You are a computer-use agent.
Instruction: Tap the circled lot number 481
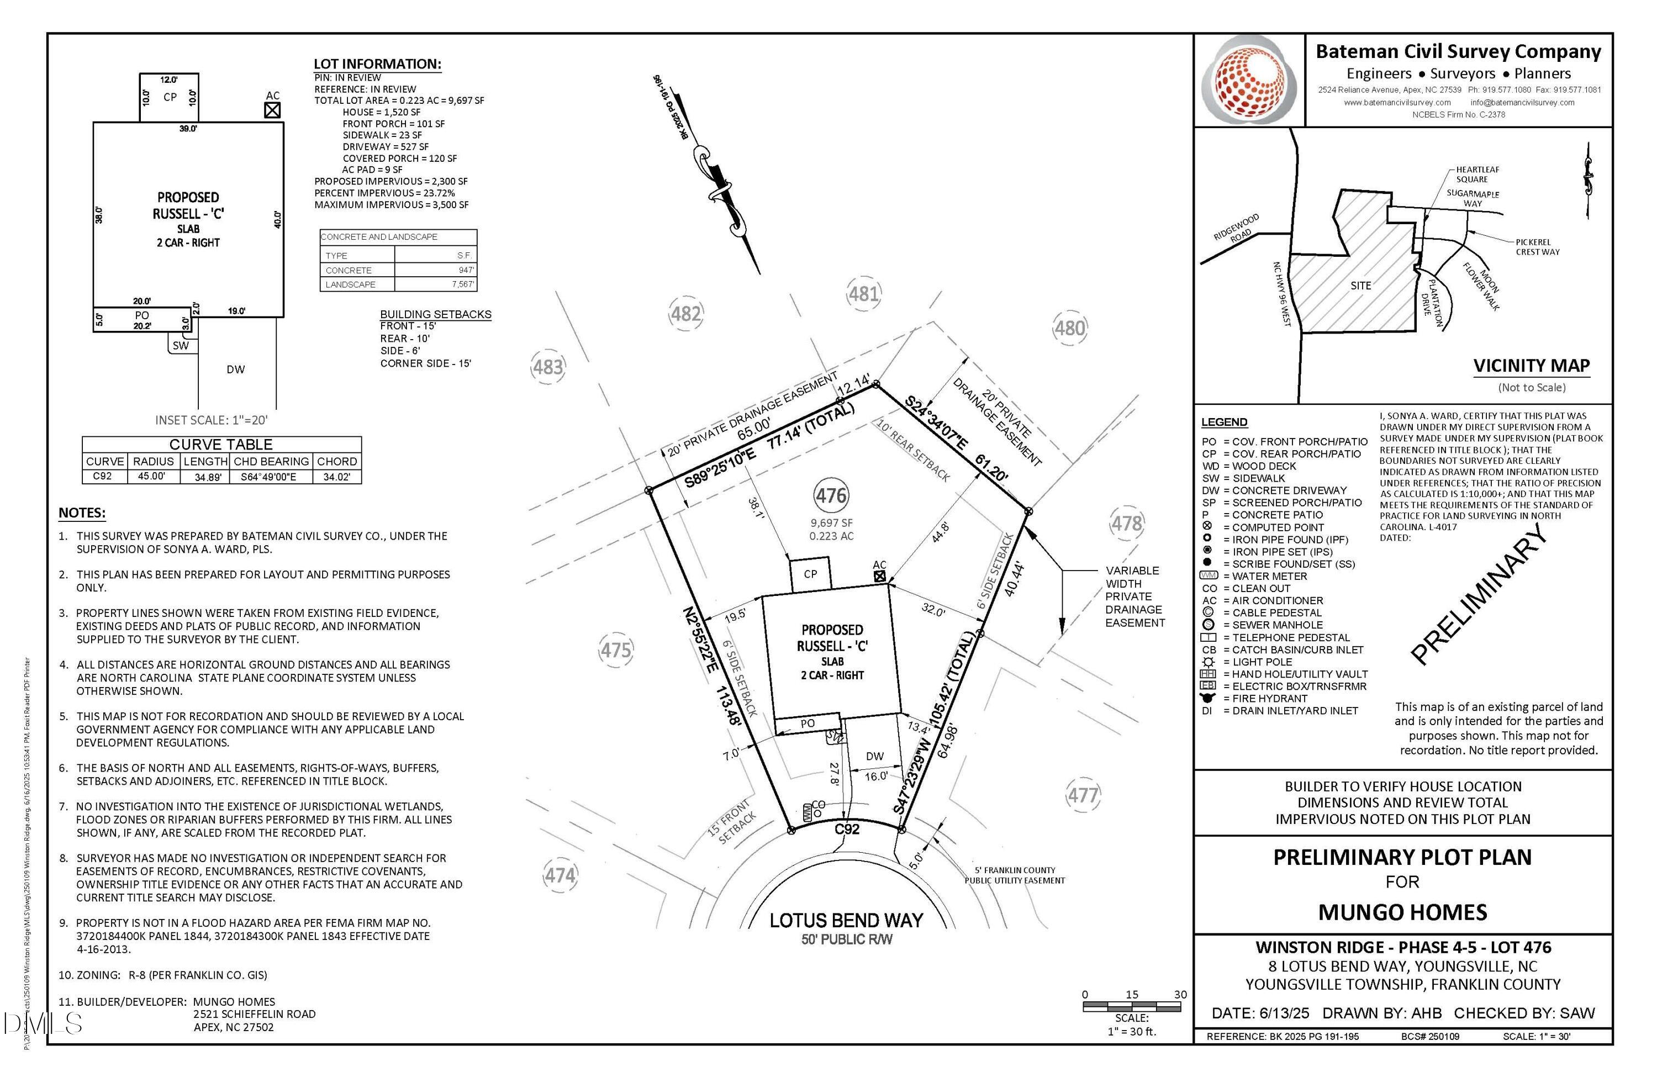[x=863, y=294]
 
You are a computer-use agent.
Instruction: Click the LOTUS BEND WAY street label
[x=846, y=920]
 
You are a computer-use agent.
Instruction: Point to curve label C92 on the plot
[x=847, y=829]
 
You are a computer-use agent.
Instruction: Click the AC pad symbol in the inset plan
[x=272, y=110]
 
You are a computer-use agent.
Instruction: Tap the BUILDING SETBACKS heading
[x=436, y=314]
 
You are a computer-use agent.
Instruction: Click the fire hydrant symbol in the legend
[x=1208, y=698]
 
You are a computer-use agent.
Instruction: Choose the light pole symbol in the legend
[x=1208, y=662]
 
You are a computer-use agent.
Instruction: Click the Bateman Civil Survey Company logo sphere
[x=1250, y=81]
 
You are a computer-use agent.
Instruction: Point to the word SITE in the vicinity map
[x=1360, y=286]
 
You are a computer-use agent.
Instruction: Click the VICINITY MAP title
[x=1531, y=366]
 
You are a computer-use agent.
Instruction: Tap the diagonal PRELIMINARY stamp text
[x=1480, y=594]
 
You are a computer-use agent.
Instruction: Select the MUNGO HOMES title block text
[x=1402, y=912]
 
